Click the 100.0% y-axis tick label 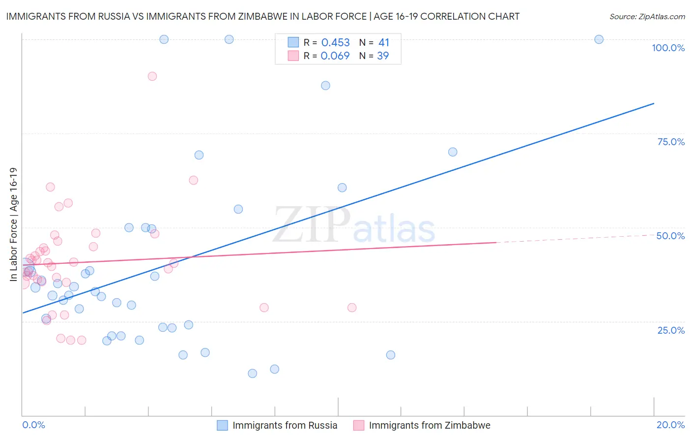click(x=668, y=48)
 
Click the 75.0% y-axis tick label click(x=671, y=142)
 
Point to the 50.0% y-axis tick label click(x=670, y=236)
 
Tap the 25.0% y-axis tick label click(x=671, y=330)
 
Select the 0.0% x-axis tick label click(x=33, y=425)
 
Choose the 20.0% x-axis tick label click(x=670, y=425)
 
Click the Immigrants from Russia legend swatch click(x=222, y=425)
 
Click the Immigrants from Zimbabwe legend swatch click(x=359, y=425)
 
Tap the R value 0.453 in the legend click(x=335, y=43)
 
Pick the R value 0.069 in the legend click(x=335, y=56)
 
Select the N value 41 click(x=384, y=43)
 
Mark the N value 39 click(x=383, y=56)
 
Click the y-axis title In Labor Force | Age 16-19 click(x=13, y=224)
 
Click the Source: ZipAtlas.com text click(x=647, y=17)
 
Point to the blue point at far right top click(x=599, y=39)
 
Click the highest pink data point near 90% click(x=152, y=76)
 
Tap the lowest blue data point click(x=253, y=374)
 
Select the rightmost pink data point click(x=352, y=308)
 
